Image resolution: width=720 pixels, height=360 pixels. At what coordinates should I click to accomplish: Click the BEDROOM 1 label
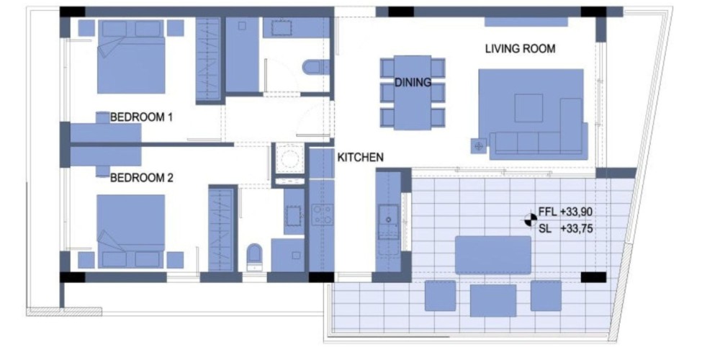click(141, 117)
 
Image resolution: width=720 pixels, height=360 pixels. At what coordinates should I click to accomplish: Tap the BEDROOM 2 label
click(142, 178)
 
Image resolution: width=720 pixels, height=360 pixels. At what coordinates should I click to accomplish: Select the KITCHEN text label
click(361, 158)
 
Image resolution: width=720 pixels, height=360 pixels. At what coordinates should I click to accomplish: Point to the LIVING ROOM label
click(521, 49)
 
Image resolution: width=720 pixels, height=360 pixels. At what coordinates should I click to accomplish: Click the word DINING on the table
click(413, 83)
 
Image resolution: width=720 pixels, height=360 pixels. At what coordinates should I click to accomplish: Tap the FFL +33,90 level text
click(565, 212)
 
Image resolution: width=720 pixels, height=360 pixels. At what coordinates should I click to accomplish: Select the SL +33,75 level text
click(565, 228)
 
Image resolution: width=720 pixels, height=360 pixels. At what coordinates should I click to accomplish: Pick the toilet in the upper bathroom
click(316, 67)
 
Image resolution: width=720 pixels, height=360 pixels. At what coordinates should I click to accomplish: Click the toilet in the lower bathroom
click(254, 256)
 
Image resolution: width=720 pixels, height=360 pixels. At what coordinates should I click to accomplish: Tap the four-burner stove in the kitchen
click(323, 215)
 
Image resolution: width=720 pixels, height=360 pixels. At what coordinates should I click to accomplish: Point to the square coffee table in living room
click(528, 108)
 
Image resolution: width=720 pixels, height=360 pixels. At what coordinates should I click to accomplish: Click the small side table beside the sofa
click(479, 146)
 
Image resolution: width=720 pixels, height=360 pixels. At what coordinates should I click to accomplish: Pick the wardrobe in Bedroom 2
click(222, 229)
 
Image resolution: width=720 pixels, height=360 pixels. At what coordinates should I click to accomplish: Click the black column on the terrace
click(593, 277)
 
